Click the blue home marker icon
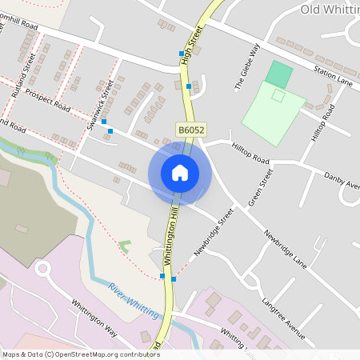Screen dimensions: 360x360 click(x=180, y=172)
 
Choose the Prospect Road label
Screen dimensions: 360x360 click(x=47, y=100)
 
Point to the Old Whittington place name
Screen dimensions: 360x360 click(x=329, y=9)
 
